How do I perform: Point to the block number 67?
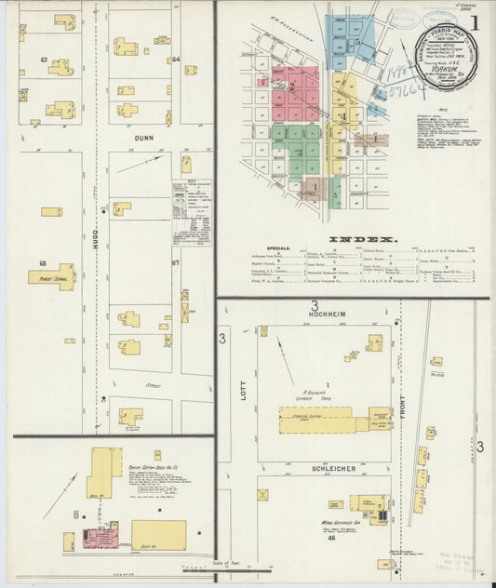pyautogui.click(x=175, y=263)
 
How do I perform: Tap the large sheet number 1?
pyautogui.click(x=475, y=23)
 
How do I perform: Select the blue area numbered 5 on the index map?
pyautogui.click(x=356, y=42)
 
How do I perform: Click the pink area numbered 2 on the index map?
pyautogui.click(x=292, y=87)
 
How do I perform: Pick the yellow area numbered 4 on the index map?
pyautogui.click(x=342, y=115)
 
